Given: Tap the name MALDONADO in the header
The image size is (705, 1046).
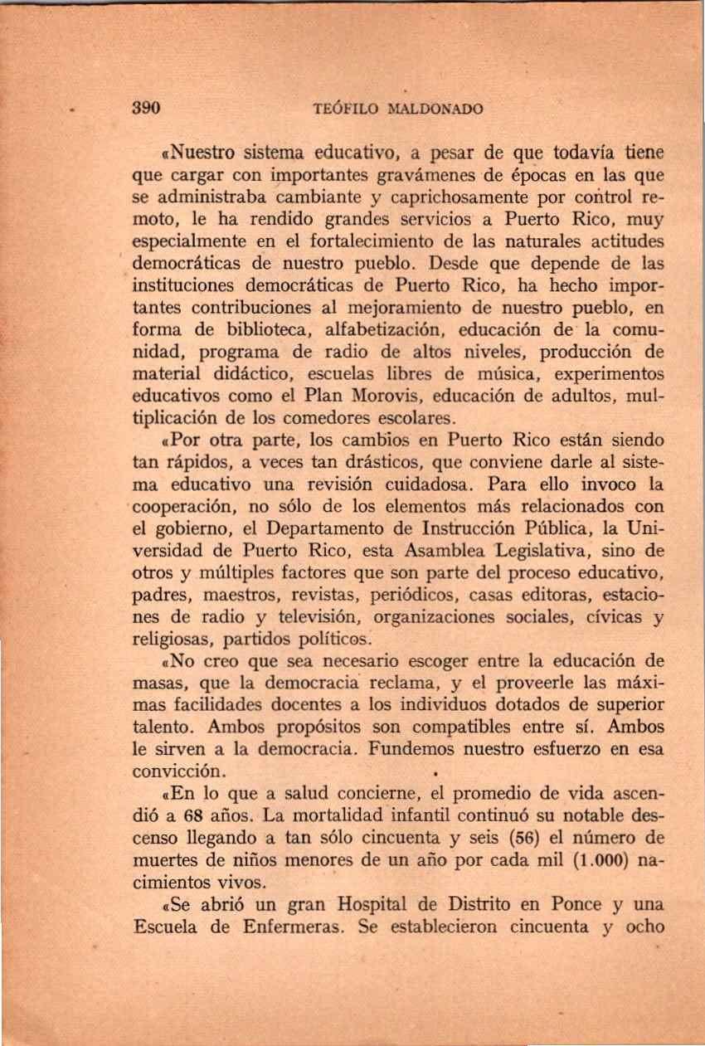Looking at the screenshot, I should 436,109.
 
